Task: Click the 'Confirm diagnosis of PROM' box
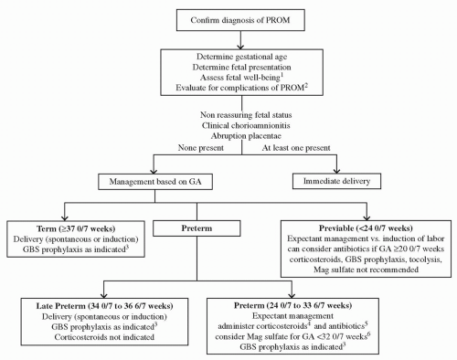[x=228, y=20]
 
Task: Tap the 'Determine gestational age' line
[x=228, y=56]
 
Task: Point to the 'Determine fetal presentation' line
[x=228, y=67]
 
